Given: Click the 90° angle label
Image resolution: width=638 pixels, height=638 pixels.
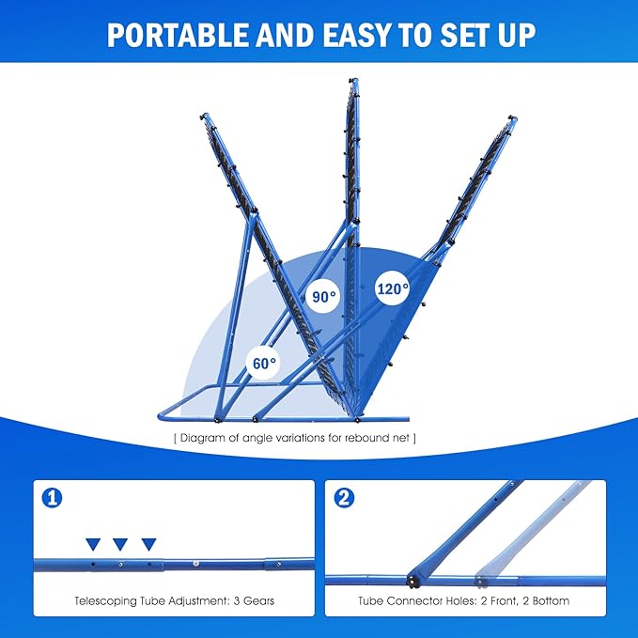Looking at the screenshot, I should tap(323, 298).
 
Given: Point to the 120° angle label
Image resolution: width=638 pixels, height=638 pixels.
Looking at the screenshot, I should tap(393, 288).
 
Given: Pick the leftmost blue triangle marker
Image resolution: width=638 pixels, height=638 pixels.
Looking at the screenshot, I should tap(92, 544).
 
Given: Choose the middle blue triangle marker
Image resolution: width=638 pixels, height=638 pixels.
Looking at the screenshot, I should tap(120, 544).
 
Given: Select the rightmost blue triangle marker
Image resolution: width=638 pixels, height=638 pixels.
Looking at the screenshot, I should tap(148, 544).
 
